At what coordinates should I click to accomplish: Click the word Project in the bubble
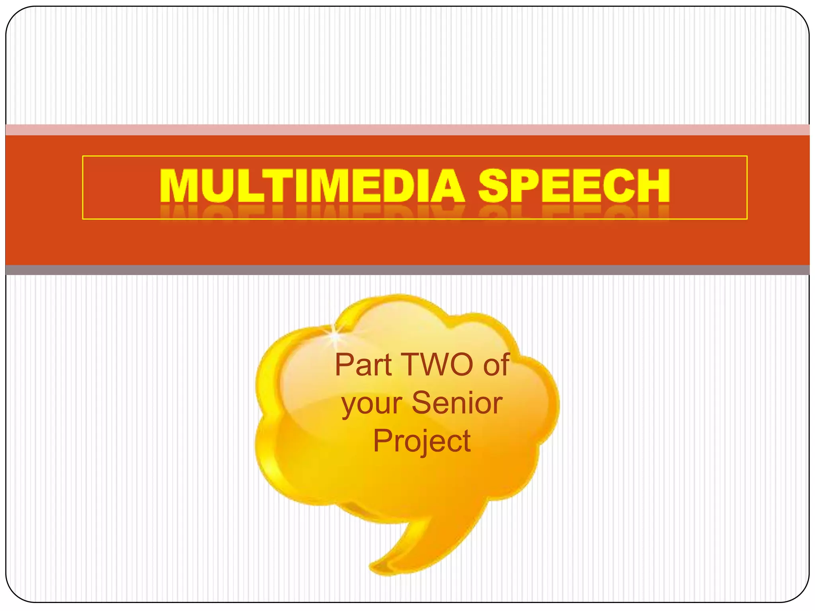422,441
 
